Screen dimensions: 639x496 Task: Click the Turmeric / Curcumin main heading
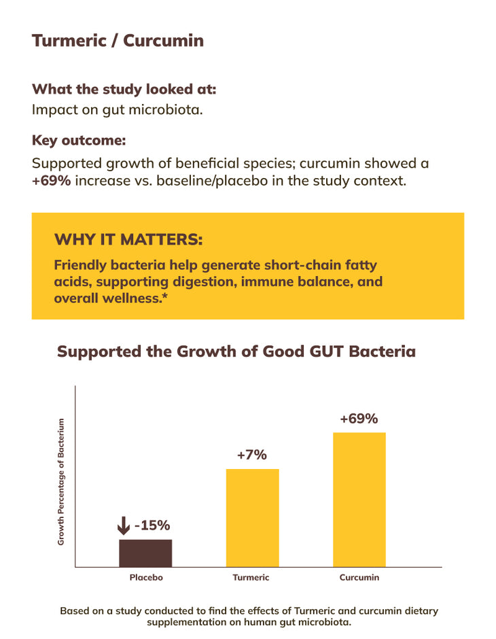118,40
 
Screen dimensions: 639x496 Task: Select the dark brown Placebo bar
145,553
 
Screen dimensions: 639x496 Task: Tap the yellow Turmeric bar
252,517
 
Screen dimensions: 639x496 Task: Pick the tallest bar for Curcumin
359,499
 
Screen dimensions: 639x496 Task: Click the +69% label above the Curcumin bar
359,419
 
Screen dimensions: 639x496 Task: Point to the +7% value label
252,455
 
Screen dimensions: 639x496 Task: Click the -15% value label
152,525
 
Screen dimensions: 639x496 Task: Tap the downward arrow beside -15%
124,525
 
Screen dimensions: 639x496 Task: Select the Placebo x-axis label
146,578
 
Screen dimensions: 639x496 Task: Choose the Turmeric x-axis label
251,578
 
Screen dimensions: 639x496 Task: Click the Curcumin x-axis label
359,578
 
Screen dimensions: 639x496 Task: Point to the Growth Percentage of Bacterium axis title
60,481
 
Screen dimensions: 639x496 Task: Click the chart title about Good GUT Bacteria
236,351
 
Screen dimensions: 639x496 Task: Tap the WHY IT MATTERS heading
128,240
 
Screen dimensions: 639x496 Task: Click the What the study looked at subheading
124,89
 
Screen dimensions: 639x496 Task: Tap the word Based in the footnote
74,611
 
